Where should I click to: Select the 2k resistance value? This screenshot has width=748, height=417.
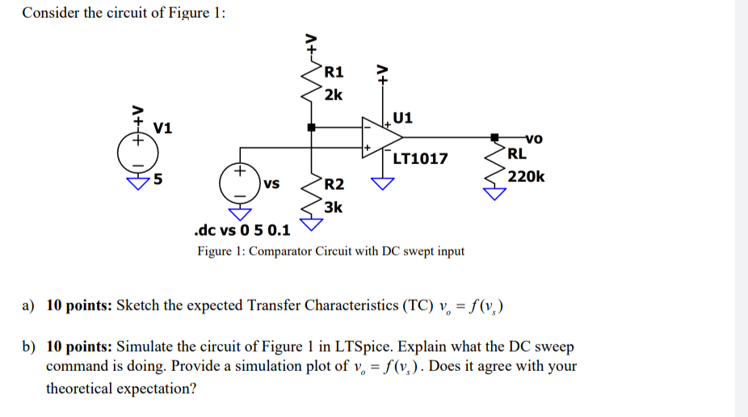click(x=333, y=95)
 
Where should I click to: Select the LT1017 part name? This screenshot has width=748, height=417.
click(x=420, y=158)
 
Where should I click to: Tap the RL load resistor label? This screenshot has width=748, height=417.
click(x=517, y=153)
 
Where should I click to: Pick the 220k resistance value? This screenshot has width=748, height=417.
click(x=526, y=176)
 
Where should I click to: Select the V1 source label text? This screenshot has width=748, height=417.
click(x=162, y=128)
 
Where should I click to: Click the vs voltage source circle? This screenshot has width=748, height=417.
click(x=238, y=184)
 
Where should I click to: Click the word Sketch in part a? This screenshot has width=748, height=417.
click(x=140, y=305)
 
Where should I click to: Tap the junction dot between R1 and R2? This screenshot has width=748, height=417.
click(x=310, y=127)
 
